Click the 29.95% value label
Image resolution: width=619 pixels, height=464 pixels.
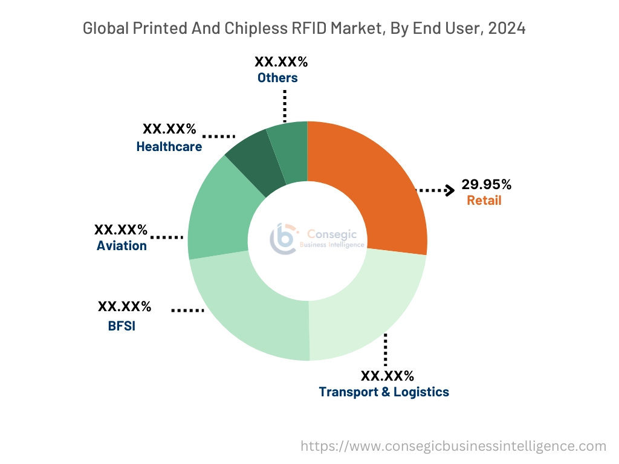486,184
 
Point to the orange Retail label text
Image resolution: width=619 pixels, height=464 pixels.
484,201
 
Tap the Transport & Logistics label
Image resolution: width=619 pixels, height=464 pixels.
384,391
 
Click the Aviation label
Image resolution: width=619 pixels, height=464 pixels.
122,245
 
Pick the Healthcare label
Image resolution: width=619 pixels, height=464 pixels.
169,146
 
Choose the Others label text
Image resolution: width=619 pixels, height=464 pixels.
277,77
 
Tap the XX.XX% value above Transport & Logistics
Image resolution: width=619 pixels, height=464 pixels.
387,376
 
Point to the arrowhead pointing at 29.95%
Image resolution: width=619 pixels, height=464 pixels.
450,190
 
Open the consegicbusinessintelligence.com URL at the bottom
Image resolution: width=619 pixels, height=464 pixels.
453,446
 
